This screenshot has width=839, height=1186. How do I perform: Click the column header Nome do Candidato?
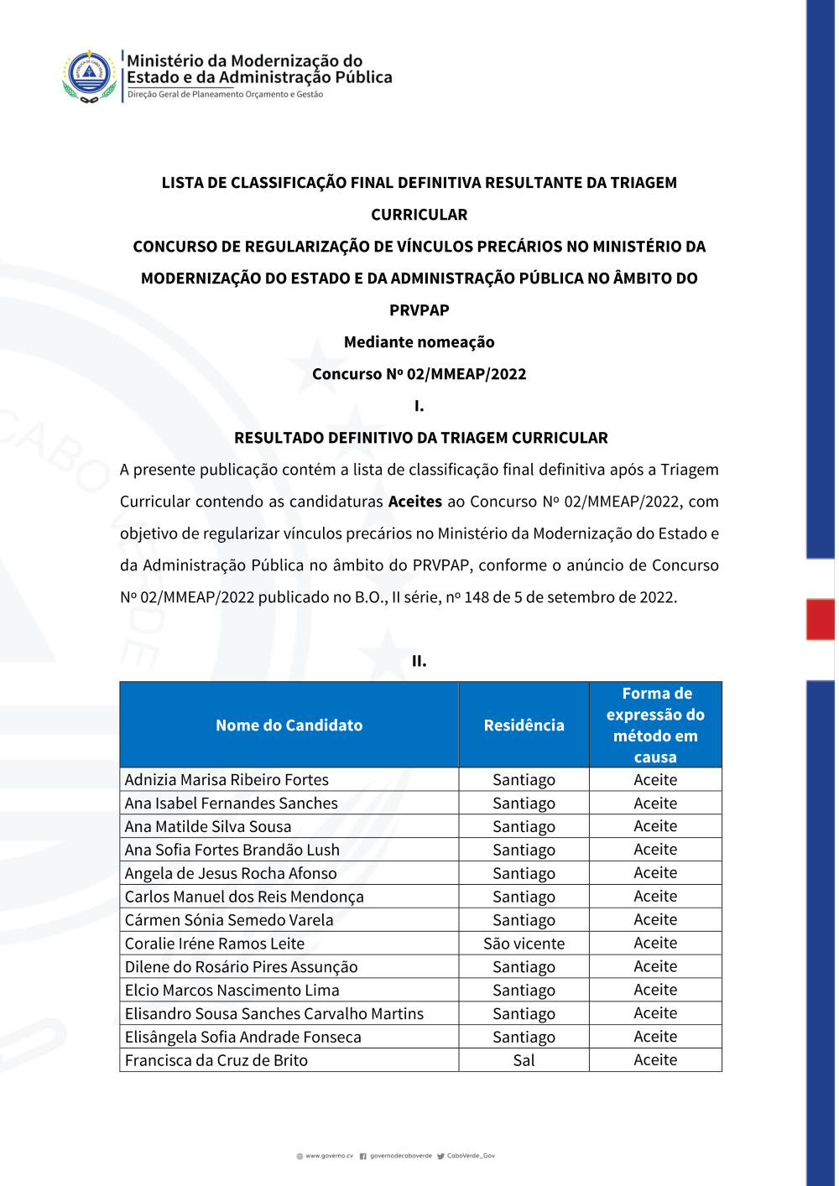(289, 726)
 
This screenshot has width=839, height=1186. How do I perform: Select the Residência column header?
(524, 726)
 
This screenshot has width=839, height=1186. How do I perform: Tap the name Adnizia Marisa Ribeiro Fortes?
(227, 780)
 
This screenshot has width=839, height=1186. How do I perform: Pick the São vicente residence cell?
(524, 944)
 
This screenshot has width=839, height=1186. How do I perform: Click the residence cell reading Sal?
(524, 1060)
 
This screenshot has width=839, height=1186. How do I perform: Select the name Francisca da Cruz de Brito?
(216, 1060)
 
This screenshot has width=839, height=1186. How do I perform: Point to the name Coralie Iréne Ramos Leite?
(215, 944)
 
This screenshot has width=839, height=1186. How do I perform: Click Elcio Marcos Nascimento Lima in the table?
(232, 991)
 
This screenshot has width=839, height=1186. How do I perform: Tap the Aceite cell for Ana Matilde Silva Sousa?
(655, 826)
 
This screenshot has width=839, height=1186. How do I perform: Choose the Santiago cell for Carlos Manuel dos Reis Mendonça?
(524, 897)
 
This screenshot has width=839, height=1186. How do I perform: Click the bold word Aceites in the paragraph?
(414, 502)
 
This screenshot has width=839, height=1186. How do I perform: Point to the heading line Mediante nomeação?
(419, 342)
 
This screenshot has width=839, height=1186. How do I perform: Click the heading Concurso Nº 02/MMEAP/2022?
(419, 374)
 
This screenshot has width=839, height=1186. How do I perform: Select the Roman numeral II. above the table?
(419, 661)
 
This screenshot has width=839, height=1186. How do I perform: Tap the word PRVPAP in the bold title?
(419, 310)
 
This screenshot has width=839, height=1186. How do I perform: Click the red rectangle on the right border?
(820, 619)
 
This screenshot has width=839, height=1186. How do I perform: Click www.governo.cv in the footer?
(329, 1156)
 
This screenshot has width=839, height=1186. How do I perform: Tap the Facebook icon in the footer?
(363, 1156)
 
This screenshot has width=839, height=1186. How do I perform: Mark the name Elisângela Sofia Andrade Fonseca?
(243, 1038)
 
